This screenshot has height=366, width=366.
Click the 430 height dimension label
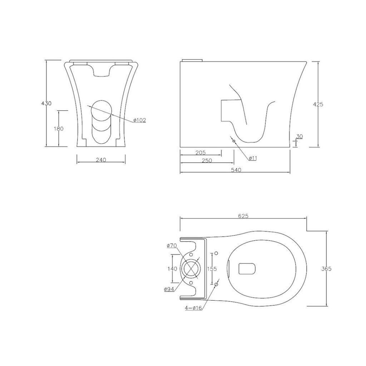[x=46, y=103]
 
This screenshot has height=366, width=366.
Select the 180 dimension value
[x=58, y=129]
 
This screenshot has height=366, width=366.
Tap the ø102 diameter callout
[x=140, y=120]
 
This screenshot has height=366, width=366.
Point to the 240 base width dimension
[x=101, y=160]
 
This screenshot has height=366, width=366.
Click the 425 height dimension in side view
[x=318, y=104]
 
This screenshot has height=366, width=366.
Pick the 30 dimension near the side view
[x=299, y=136]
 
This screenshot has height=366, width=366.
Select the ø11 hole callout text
[x=252, y=158]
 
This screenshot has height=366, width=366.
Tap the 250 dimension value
[x=207, y=160]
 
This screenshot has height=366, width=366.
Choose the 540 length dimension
[x=236, y=170]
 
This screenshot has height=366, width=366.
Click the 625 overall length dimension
[x=243, y=216]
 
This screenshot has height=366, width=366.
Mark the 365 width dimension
[x=326, y=269]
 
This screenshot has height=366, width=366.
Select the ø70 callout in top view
[x=172, y=246]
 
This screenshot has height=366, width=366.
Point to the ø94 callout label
[x=169, y=289]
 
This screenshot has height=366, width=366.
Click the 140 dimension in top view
[x=172, y=269]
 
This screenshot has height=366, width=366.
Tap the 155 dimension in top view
[x=212, y=269]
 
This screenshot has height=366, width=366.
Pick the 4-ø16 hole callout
[x=193, y=308]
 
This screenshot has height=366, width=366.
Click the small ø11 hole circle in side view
[x=234, y=141]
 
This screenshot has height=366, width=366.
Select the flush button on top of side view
[x=192, y=60]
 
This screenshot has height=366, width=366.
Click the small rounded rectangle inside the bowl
[x=247, y=269]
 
